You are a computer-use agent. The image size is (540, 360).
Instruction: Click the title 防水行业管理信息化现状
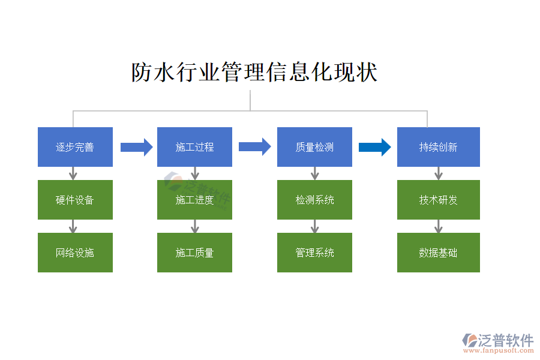tap(254, 73)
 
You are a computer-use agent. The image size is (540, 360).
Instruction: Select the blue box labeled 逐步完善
tap(75, 147)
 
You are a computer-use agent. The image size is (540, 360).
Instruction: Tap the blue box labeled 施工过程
tap(194, 147)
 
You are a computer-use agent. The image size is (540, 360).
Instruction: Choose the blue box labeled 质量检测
tap(314, 147)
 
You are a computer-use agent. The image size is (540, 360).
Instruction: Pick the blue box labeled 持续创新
tap(438, 147)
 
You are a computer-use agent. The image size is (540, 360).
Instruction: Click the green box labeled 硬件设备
tap(75, 200)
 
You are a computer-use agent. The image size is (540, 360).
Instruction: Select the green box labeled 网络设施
tap(75, 253)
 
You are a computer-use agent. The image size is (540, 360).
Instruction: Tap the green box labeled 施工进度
tap(194, 200)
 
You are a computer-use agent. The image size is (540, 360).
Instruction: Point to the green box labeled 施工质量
tap(194, 253)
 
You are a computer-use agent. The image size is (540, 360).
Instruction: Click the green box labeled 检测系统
tap(314, 200)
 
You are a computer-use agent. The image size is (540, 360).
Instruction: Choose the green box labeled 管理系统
tap(314, 253)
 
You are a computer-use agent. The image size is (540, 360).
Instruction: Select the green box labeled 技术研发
tap(438, 200)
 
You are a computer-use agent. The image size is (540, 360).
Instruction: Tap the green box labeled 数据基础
tap(438, 253)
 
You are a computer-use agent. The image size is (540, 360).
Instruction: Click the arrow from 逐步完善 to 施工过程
tap(136, 147)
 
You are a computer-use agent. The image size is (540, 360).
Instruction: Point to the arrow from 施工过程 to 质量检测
tap(254, 147)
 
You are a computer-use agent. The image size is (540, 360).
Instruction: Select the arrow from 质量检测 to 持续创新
tap(374, 147)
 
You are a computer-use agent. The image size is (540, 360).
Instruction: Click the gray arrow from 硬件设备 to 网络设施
tap(73, 226)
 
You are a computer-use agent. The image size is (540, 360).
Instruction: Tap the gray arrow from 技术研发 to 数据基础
tap(439, 226)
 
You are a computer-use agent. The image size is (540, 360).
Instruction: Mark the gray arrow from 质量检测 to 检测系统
tap(314, 173)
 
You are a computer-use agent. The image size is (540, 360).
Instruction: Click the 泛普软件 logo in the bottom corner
tap(497, 343)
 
